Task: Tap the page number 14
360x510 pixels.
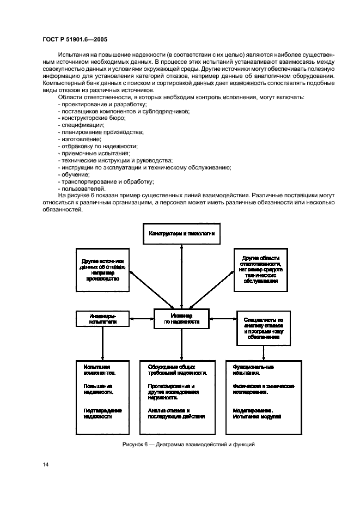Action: (45, 464)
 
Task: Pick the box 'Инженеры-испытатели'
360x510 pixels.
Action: (102, 318)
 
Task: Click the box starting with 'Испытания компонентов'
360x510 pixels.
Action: (102, 391)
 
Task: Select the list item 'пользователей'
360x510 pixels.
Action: (81, 188)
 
